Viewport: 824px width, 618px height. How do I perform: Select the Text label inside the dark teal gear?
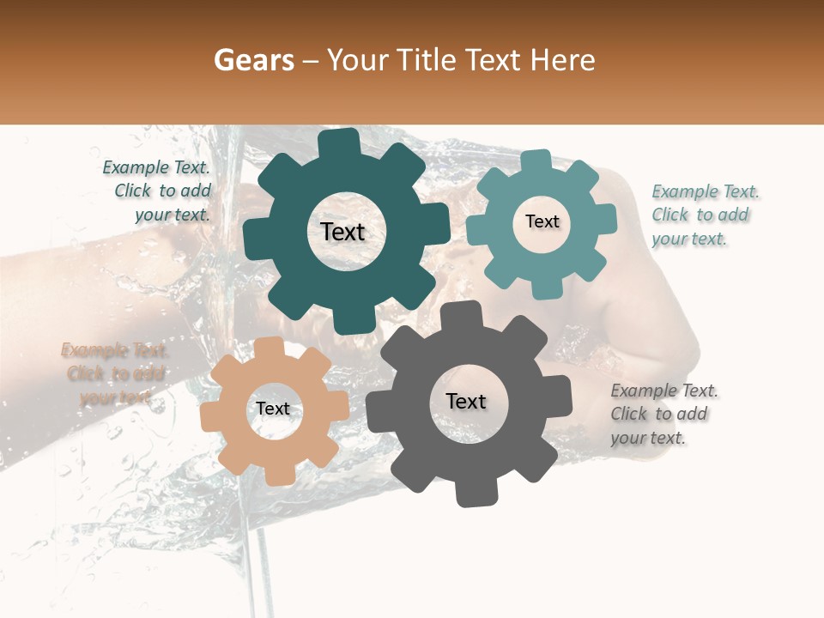[342, 232]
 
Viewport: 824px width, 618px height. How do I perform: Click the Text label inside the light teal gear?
[542, 221]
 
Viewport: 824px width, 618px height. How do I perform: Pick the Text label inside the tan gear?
[273, 409]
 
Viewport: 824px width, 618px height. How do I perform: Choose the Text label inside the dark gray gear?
[466, 401]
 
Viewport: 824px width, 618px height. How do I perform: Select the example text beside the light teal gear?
[706, 215]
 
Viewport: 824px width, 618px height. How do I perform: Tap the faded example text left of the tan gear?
[115, 374]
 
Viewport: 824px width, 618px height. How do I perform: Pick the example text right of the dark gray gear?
[663, 415]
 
